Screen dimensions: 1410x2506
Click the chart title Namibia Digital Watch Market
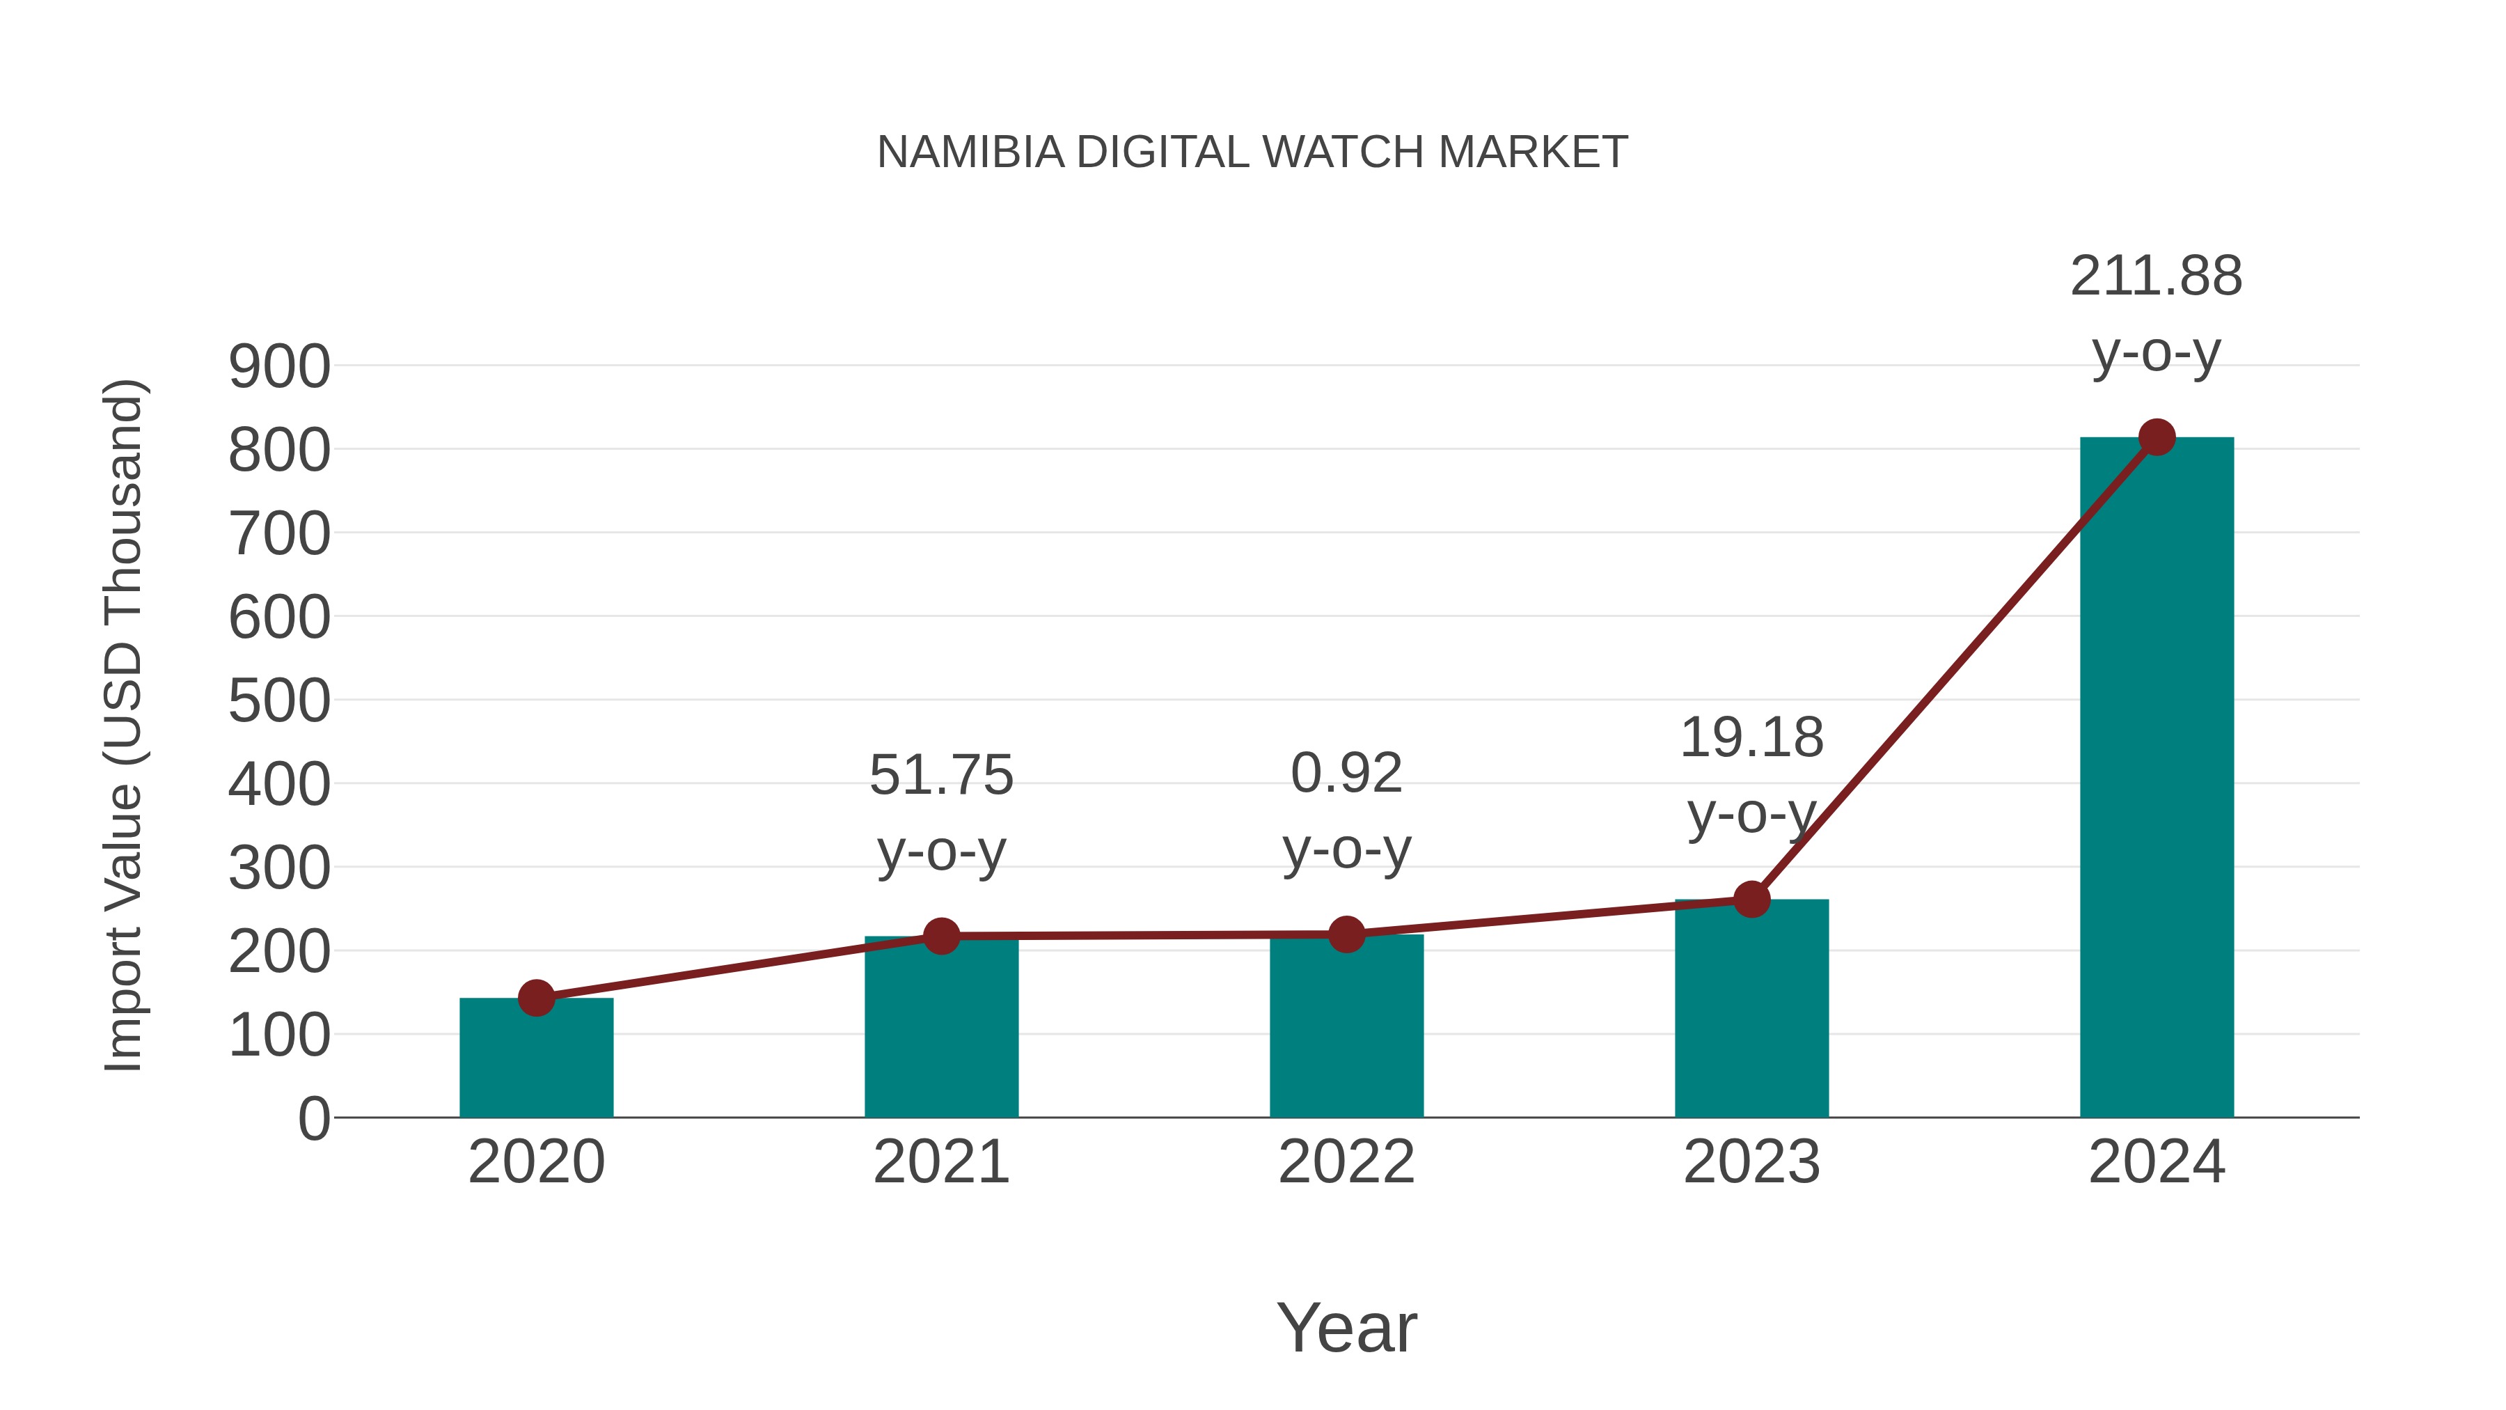click(x=1252, y=152)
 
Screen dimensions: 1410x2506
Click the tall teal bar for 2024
click(x=2157, y=778)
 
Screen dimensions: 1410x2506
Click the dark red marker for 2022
click(x=1346, y=934)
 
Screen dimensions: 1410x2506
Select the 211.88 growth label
click(x=2156, y=276)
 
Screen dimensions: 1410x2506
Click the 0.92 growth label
click(x=1346, y=774)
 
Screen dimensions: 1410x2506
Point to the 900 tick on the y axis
click(x=279, y=368)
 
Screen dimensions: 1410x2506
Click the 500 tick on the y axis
click(x=279, y=702)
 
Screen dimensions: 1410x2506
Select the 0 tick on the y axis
click(x=313, y=1119)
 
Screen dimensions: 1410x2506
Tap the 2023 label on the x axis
click(x=1751, y=1162)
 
